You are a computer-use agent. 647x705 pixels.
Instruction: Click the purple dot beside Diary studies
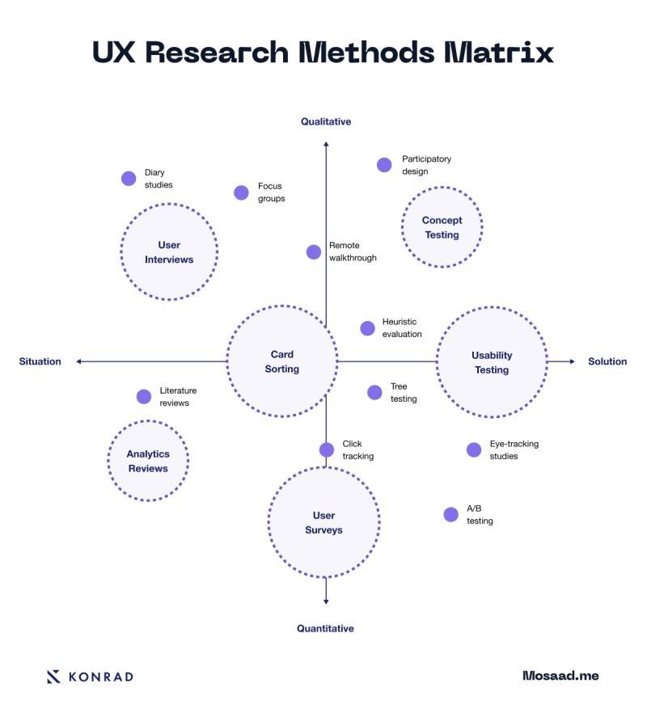pos(129,179)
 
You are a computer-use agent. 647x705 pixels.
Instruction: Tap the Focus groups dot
pos(241,192)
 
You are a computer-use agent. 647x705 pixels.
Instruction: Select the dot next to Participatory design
pos(384,165)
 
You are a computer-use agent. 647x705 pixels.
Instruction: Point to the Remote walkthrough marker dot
pos(314,251)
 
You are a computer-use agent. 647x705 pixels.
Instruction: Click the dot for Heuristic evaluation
pos(367,327)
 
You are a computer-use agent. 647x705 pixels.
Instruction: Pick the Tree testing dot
pos(374,392)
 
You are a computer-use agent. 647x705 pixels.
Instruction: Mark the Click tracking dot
pos(327,450)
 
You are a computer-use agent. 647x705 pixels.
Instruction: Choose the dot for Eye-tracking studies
pos(474,450)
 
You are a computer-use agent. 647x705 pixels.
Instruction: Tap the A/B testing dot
pos(450,514)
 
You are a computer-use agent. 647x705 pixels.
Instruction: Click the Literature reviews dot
pos(144,396)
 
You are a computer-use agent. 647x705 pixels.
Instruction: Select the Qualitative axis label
pos(326,121)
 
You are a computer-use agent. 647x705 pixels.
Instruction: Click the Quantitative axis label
pos(325,628)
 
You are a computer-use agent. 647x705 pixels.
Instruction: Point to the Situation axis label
pos(40,361)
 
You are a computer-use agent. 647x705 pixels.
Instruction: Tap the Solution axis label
pos(607,361)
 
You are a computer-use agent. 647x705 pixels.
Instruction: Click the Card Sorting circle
pos(282,361)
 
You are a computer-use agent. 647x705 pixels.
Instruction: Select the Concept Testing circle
pos(442,227)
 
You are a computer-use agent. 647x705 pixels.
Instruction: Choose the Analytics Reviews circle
pos(148,461)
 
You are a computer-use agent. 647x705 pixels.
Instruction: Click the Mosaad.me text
pos(560,675)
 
